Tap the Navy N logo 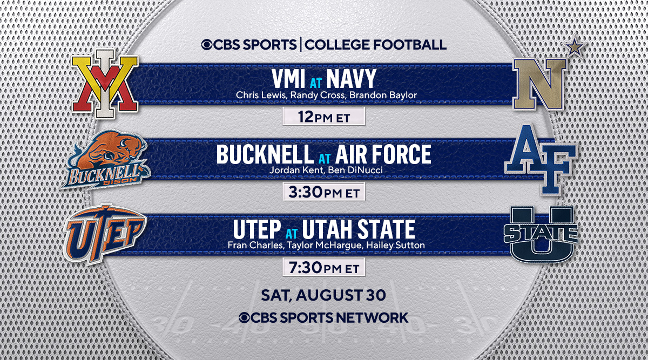point(539,84)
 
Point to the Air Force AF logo point(540,159)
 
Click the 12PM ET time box point(324,117)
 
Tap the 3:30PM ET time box point(324,192)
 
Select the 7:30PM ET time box point(324,267)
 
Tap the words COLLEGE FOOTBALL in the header point(376,44)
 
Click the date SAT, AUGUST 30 point(323,295)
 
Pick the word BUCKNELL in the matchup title point(264,155)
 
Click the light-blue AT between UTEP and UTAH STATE point(292,233)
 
